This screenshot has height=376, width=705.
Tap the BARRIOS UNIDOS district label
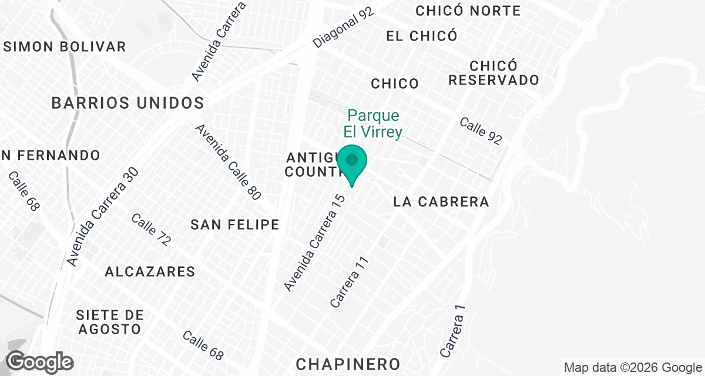click(x=127, y=103)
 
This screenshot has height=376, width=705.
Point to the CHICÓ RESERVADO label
click(x=493, y=73)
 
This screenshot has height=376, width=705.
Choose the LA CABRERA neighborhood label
click(x=441, y=202)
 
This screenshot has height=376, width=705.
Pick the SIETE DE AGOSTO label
click(x=109, y=322)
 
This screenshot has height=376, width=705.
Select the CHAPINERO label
click(x=348, y=364)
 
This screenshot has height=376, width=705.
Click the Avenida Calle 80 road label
click(x=228, y=162)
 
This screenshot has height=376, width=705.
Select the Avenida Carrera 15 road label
click(x=314, y=243)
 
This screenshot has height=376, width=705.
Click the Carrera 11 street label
click(x=350, y=282)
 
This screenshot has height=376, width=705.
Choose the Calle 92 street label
click(x=481, y=132)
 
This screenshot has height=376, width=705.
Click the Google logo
click(x=40, y=361)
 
